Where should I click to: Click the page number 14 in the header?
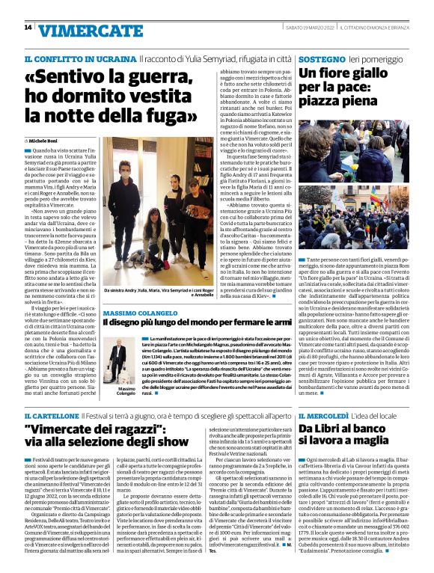(28, 28)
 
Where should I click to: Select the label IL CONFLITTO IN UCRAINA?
(80, 58)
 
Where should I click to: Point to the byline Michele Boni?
(46, 140)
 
